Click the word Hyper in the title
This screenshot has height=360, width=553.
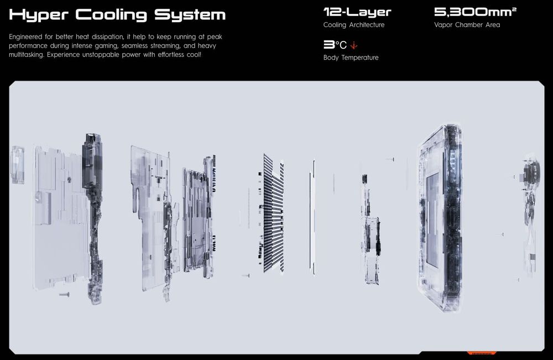click(x=39, y=15)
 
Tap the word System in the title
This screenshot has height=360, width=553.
click(x=190, y=15)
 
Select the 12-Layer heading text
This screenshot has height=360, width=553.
click(x=357, y=12)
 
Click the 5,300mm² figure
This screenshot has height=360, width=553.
click(x=475, y=12)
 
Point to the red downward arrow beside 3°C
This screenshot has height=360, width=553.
click(x=354, y=45)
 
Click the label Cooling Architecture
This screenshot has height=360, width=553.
click(x=354, y=25)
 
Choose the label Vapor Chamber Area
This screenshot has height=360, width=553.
click(x=467, y=25)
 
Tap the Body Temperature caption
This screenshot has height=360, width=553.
click(x=351, y=58)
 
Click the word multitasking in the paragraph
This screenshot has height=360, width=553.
click(x=27, y=55)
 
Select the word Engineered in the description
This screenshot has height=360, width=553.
click(x=25, y=37)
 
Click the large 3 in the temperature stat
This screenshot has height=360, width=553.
click(x=328, y=45)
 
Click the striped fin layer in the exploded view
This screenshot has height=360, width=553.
click(x=274, y=213)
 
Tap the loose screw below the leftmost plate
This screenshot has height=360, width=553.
click(x=64, y=294)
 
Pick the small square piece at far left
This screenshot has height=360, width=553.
click(x=18, y=165)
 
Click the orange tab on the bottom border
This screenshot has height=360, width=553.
click(x=482, y=353)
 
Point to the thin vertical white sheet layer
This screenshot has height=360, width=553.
click(x=312, y=217)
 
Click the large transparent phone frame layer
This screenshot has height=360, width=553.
click(x=440, y=217)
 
